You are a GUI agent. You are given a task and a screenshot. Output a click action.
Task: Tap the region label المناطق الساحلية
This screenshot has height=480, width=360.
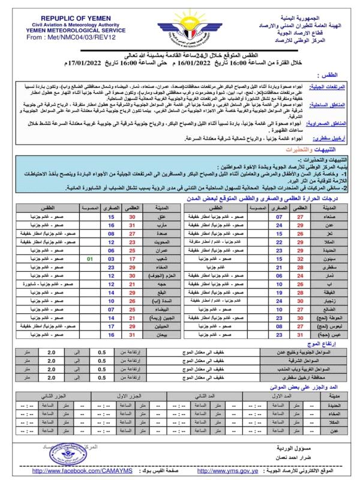[329, 104]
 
